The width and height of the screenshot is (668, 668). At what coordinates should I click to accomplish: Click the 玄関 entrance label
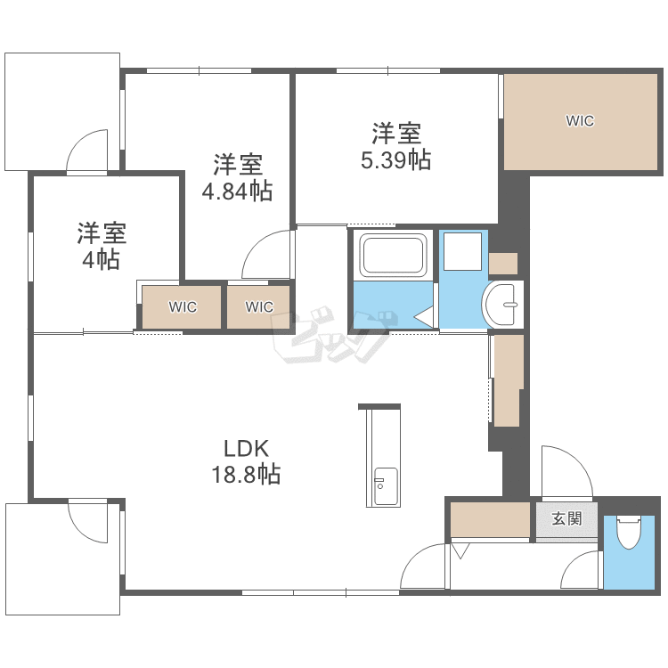566,518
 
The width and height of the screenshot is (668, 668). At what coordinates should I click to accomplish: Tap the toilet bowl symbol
629,532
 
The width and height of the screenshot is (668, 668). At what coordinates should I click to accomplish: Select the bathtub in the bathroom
393,255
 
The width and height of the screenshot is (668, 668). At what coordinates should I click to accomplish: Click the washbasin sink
502,305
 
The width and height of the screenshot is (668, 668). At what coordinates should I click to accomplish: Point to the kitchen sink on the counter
386,486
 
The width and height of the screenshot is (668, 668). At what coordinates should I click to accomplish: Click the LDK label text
246,448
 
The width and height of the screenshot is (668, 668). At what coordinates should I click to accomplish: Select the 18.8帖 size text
246,474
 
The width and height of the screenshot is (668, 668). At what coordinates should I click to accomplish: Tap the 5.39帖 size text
395,160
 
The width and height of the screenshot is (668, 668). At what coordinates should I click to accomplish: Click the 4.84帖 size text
237,191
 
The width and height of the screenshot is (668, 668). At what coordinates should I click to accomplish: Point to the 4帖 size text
101,259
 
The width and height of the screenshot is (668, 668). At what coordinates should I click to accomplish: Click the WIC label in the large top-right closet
580,121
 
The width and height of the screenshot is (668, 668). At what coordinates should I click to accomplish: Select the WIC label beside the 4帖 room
183,306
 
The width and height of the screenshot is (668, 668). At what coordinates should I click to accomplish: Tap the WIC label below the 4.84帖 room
259,306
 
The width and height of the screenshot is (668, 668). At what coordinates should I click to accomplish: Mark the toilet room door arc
573,561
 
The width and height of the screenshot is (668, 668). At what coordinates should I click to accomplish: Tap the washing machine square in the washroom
462,251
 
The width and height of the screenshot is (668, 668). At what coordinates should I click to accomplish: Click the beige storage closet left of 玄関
490,520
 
